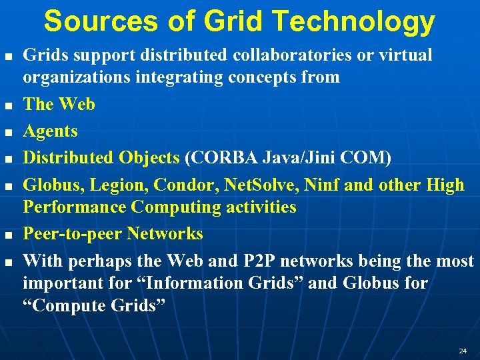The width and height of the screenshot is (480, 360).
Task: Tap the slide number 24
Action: [463, 350]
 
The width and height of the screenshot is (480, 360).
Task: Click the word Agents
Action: [50, 131]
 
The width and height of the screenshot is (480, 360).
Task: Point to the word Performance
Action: [75, 207]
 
